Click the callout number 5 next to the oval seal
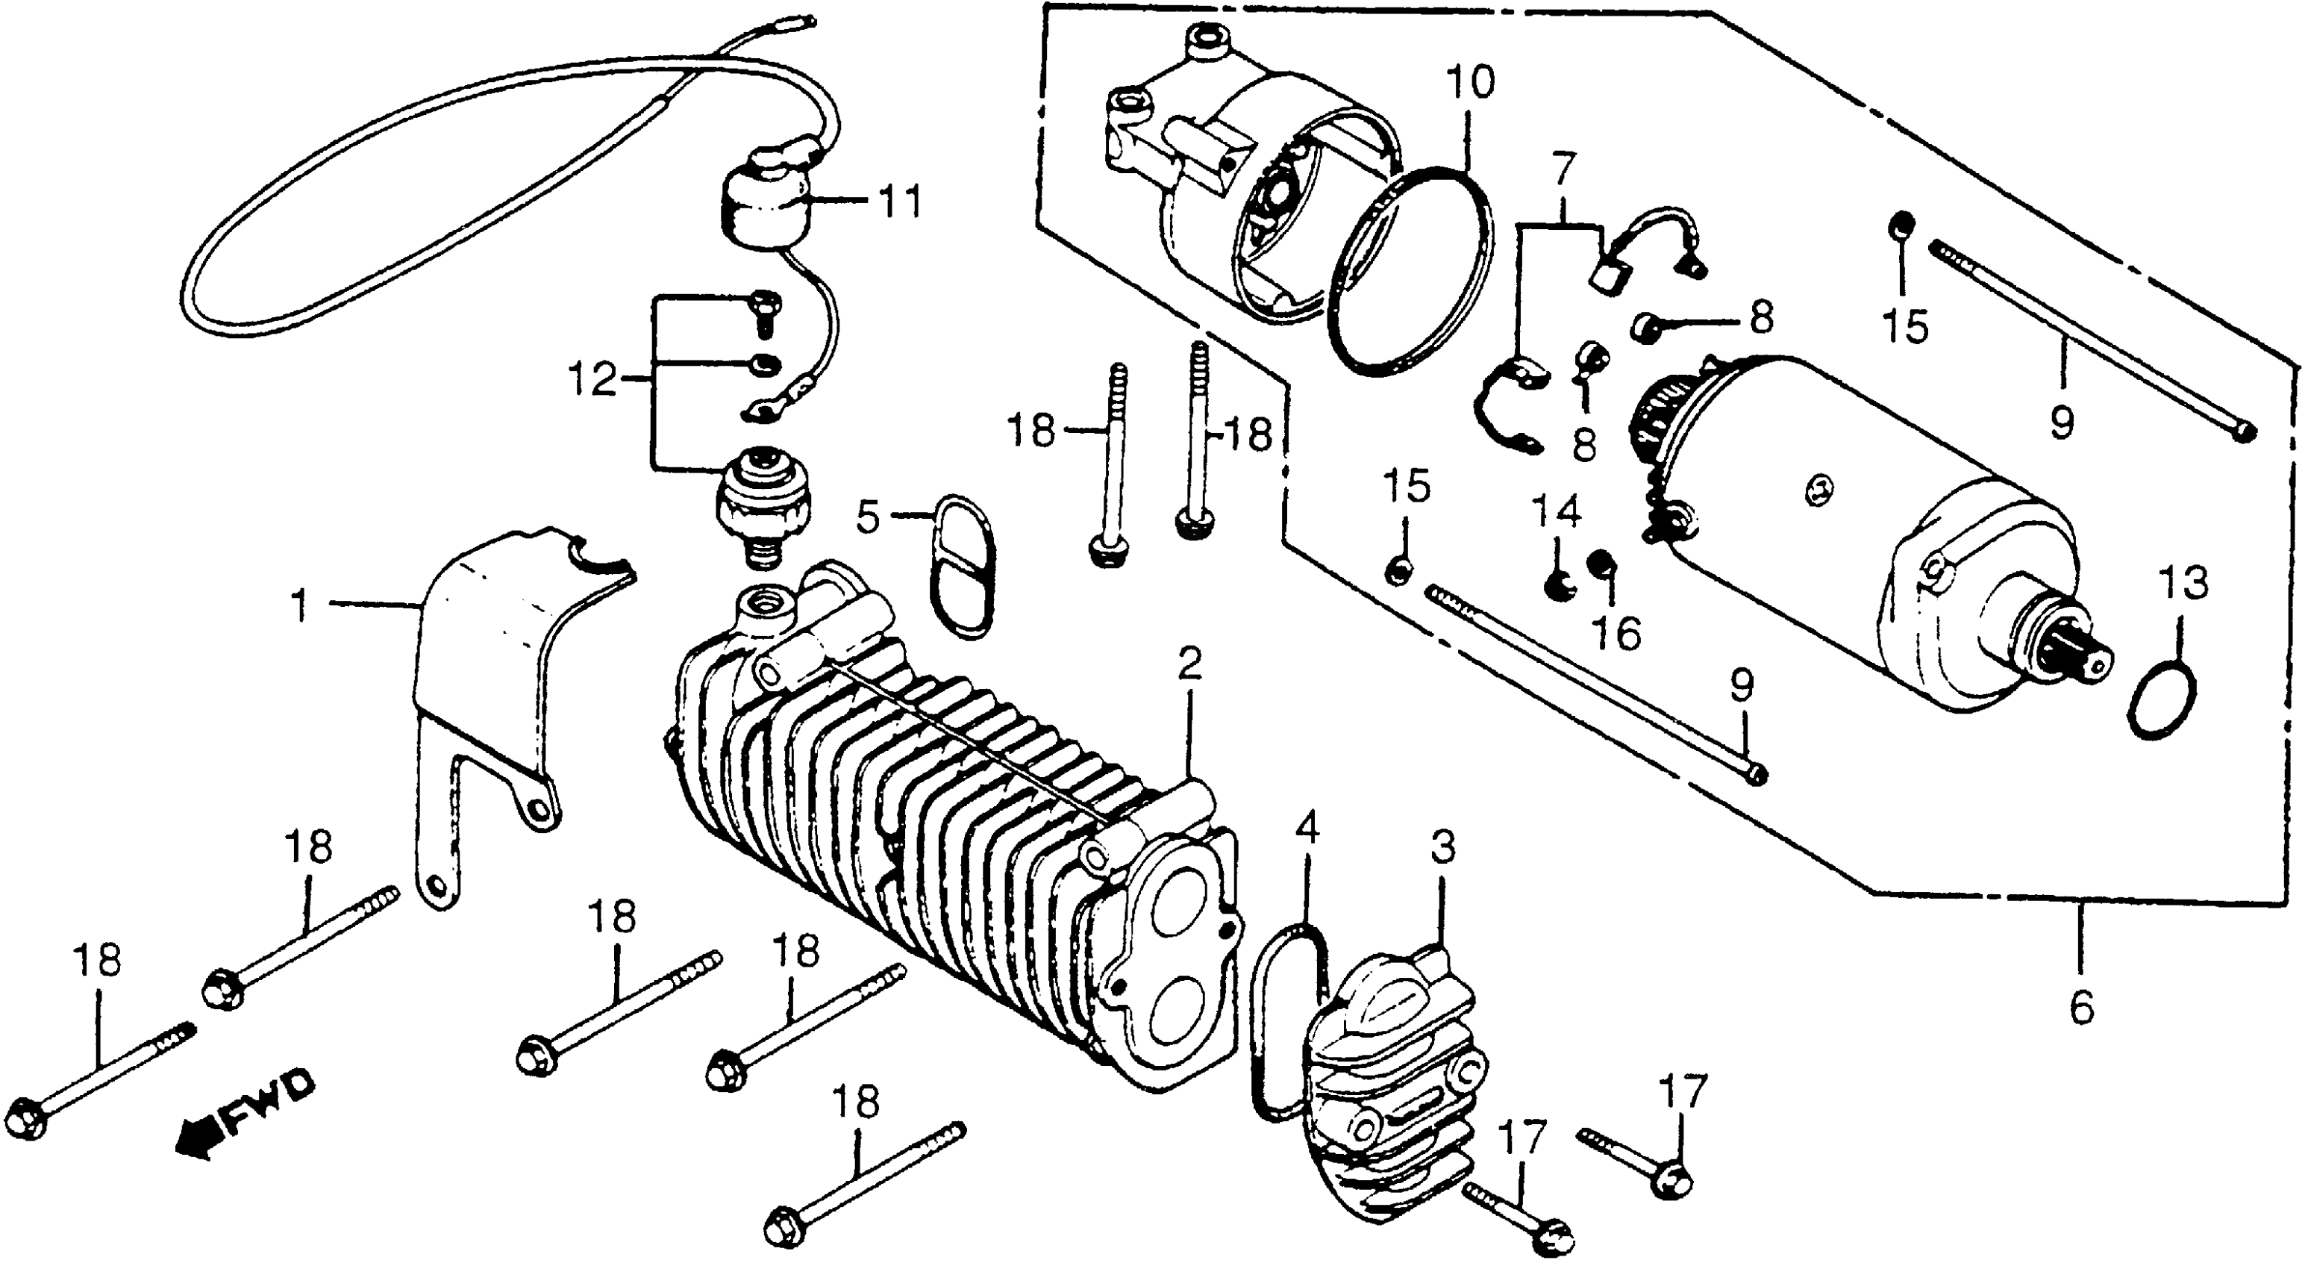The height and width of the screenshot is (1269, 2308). (x=867, y=517)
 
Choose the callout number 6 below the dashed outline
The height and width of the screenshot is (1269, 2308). (x=2081, y=1009)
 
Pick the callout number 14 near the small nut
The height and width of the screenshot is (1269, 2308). (x=1557, y=514)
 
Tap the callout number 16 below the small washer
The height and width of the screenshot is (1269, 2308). (x=1617, y=634)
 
